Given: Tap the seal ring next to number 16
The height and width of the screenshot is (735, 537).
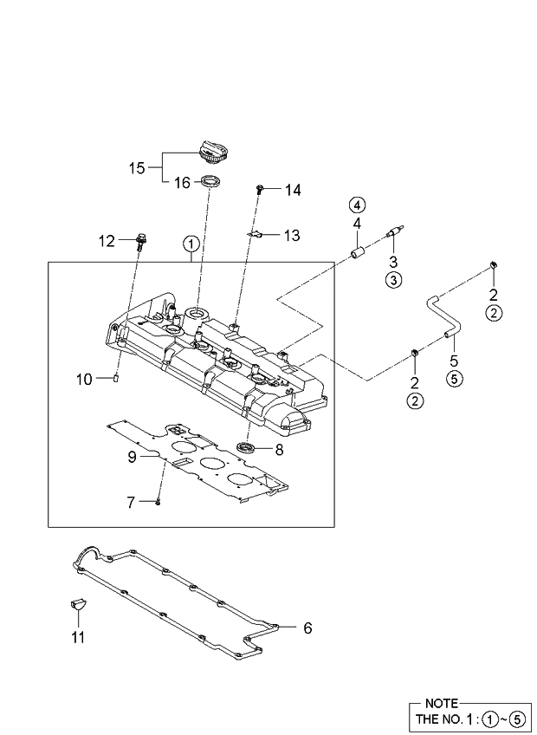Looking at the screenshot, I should (210, 182).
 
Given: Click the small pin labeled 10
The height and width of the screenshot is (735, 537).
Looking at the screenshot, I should (114, 378).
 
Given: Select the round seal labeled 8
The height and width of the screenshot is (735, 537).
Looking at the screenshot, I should (248, 447).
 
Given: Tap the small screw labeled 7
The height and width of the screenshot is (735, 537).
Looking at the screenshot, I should (159, 501).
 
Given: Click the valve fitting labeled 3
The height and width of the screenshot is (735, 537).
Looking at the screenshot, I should (395, 233).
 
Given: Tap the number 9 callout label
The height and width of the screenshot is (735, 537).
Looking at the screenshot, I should (133, 457).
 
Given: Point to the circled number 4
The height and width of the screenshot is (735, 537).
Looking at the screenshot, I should (357, 205).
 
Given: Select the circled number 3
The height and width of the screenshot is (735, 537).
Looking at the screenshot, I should (392, 279).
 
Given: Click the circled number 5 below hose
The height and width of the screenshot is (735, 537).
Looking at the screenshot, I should (452, 377).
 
